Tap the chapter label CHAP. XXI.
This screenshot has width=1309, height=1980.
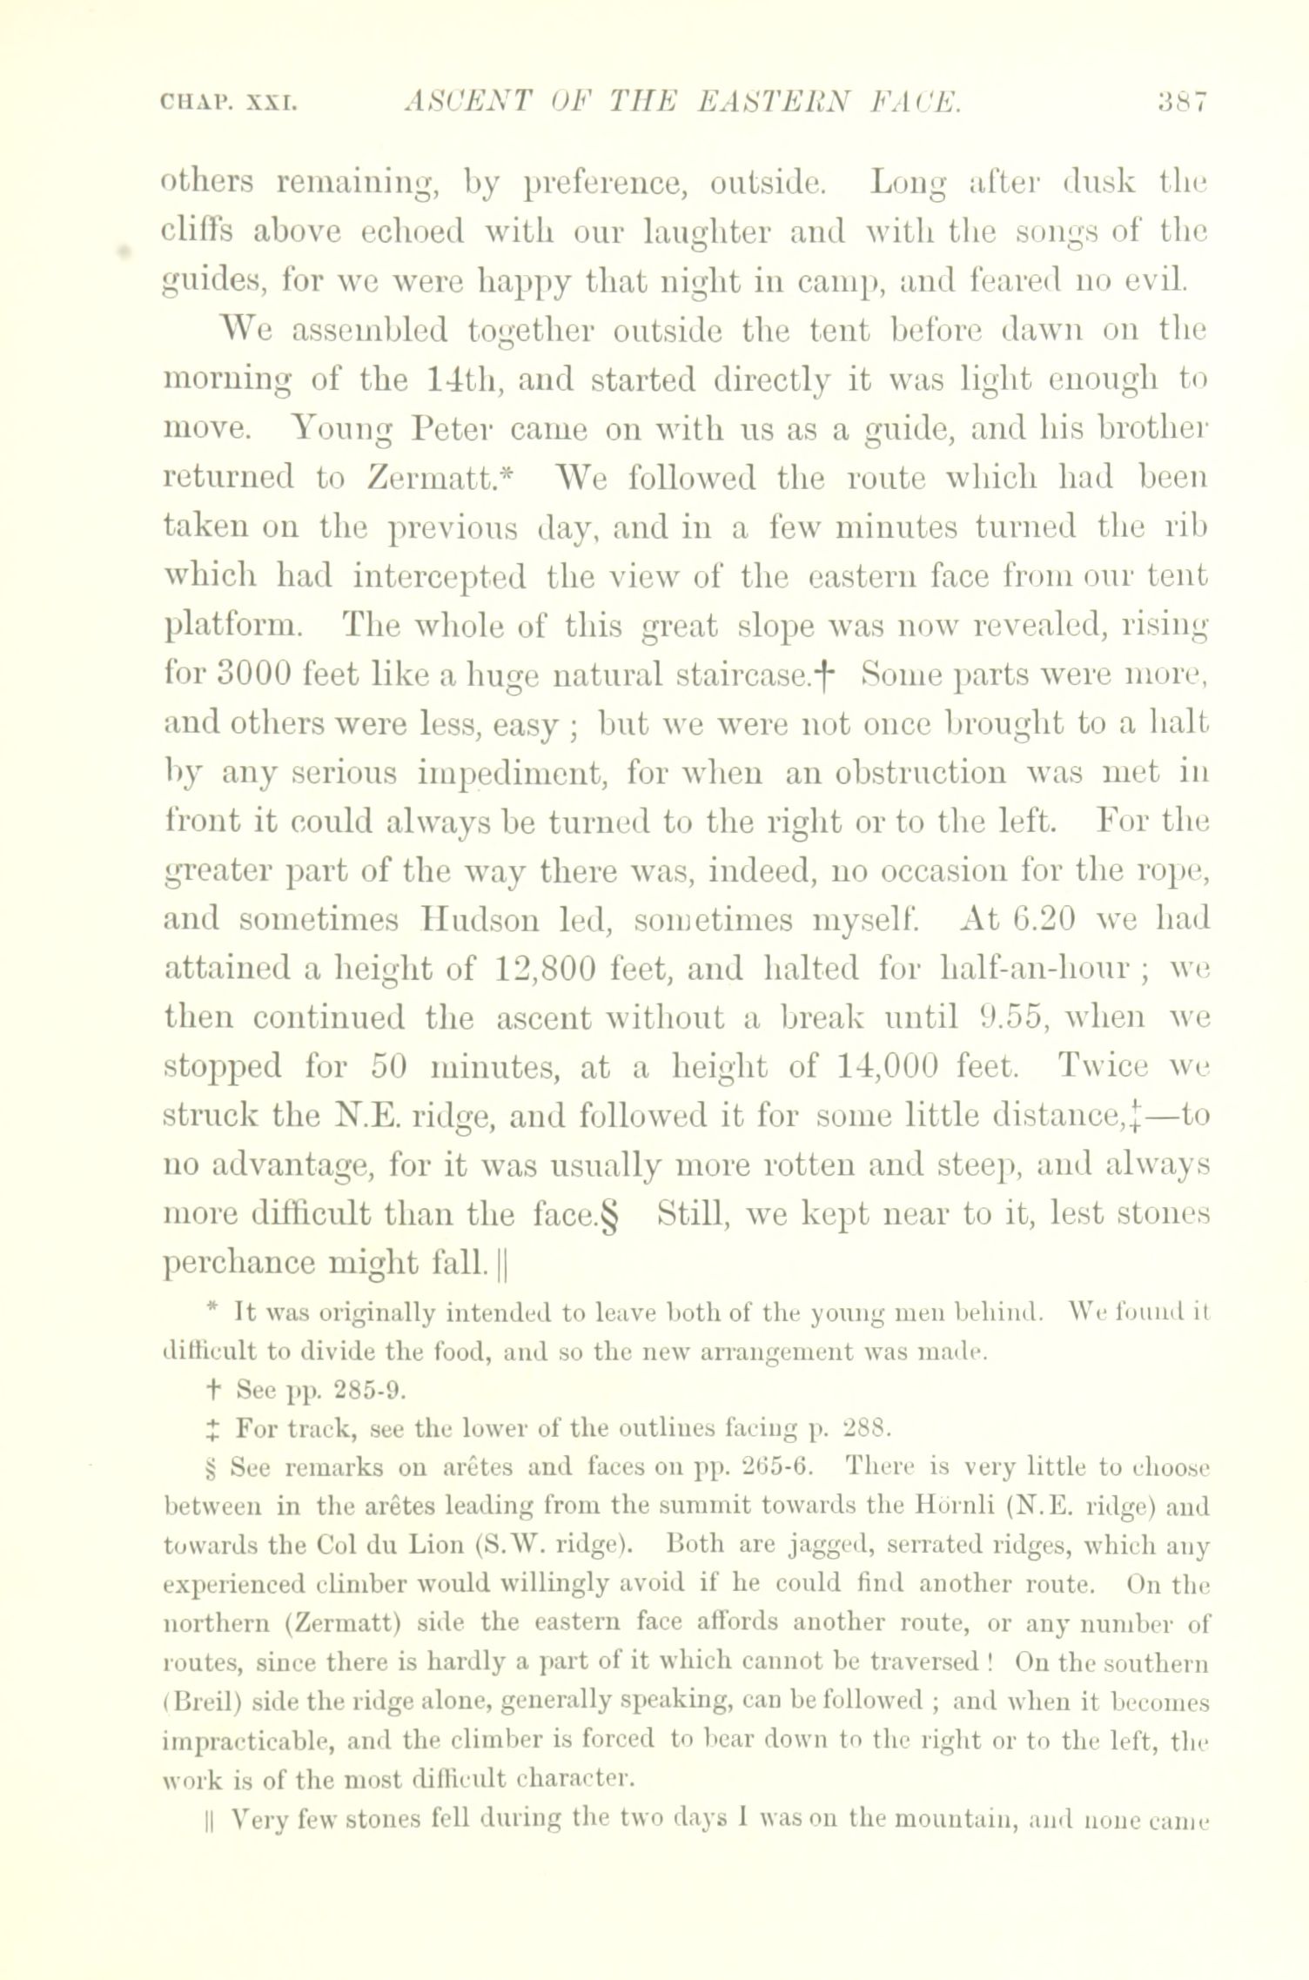pos(230,104)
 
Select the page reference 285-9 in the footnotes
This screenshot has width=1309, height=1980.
pos(359,1390)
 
